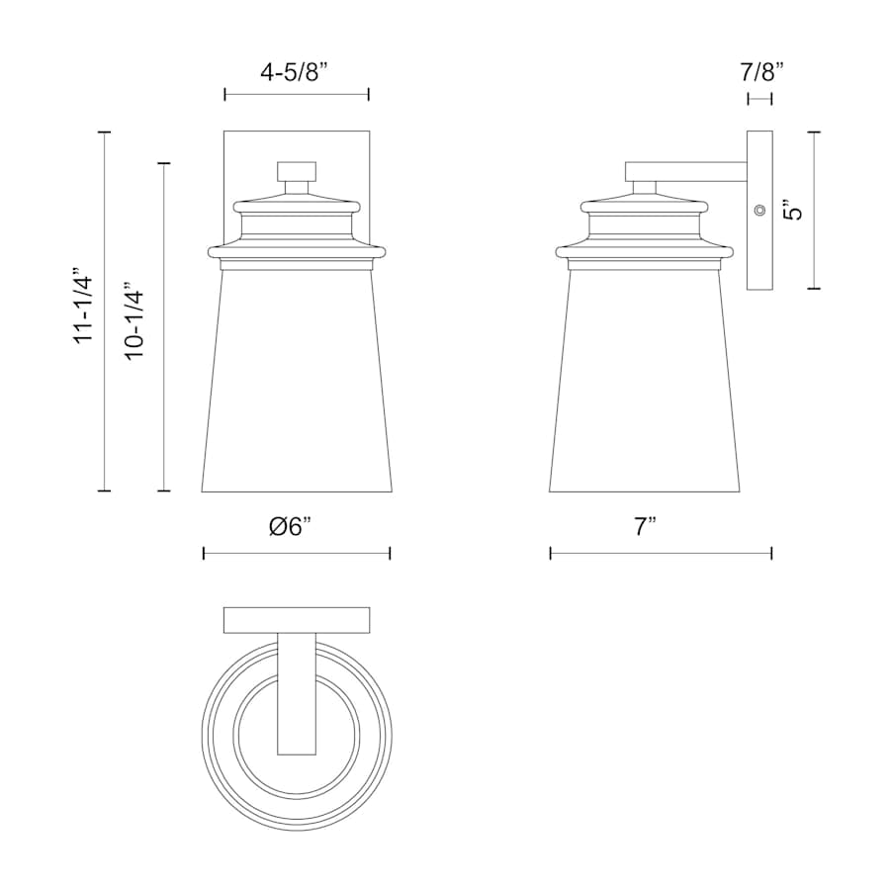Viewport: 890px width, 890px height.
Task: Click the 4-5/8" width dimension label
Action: (x=296, y=71)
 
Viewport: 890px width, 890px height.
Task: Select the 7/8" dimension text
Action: (x=760, y=71)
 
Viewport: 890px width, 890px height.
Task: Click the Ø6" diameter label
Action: (x=296, y=527)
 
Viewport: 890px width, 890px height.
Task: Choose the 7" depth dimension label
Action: (x=647, y=527)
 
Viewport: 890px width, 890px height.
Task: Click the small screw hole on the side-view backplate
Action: (x=759, y=210)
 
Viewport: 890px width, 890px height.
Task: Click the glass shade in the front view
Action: (x=297, y=386)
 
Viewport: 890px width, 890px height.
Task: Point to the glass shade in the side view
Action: (x=645, y=386)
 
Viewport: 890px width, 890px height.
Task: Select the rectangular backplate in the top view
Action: (x=297, y=620)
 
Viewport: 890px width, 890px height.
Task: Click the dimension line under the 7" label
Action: (x=661, y=554)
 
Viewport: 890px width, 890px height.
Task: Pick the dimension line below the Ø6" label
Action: (x=297, y=554)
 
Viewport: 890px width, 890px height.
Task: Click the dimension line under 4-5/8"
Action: (x=297, y=95)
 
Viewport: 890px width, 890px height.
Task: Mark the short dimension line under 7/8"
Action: (x=759, y=98)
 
